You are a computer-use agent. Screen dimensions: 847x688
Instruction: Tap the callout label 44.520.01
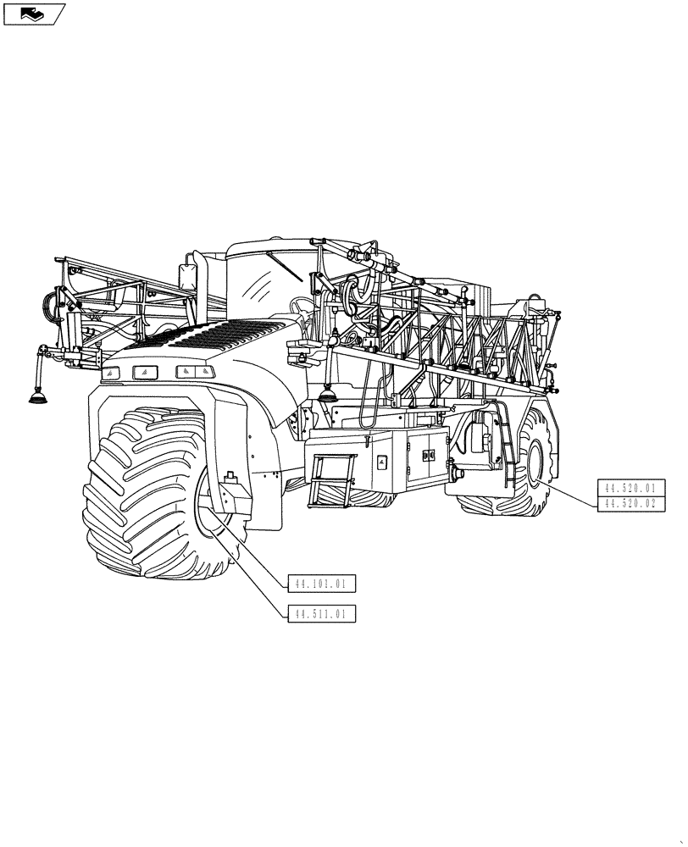631,488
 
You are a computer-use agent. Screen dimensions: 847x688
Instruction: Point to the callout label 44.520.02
631,504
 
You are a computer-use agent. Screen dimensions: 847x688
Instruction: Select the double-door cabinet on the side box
426,455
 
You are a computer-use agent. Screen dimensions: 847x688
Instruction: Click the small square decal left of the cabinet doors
382,462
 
